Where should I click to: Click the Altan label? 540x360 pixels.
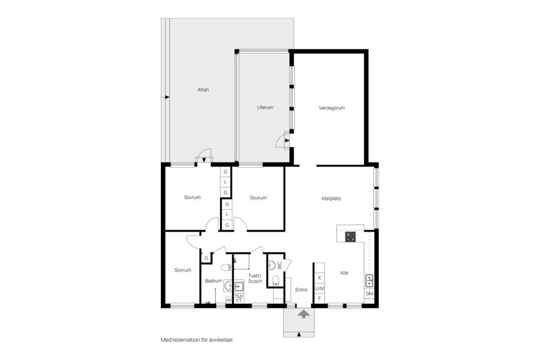click(203, 89)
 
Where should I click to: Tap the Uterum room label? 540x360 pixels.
click(265, 107)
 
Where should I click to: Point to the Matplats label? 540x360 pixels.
click(331, 198)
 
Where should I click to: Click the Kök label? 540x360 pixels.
click(344, 273)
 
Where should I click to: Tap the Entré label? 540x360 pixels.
click(301, 290)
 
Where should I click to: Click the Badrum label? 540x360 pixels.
click(213, 281)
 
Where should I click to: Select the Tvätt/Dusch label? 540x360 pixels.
click(255, 278)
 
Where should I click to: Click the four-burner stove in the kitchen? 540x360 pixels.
click(350, 237)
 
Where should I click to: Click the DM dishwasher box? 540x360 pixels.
click(370, 294)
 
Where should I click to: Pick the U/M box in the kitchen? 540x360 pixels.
click(319, 288)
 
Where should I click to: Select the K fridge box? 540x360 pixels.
click(319, 278)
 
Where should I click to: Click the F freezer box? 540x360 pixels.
click(319, 298)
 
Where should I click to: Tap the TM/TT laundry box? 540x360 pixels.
click(238, 298)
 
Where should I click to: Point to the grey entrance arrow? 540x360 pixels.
click(303, 314)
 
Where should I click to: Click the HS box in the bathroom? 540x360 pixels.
click(228, 300)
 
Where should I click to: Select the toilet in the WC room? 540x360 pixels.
click(275, 280)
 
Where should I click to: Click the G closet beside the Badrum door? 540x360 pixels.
click(206, 258)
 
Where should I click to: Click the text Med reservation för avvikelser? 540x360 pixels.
click(196, 340)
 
